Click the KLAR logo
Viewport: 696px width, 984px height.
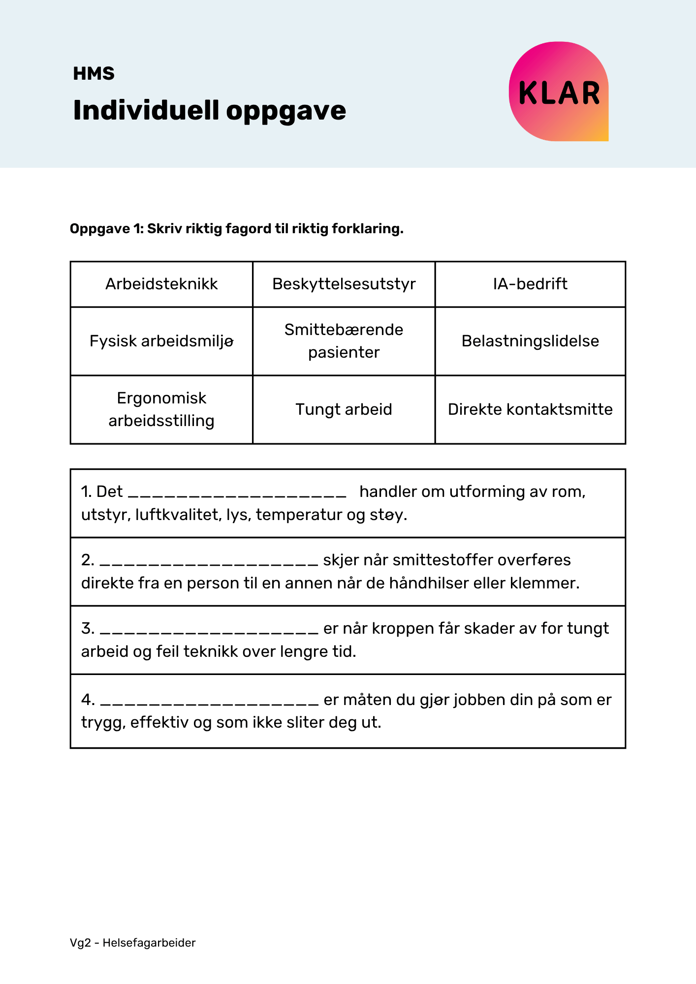pyautogui.click(x=559, y=92)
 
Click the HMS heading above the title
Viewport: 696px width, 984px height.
pyautogui.click(x=94, y=74)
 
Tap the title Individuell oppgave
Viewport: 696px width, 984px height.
pyautogui.click(x=209, y=110)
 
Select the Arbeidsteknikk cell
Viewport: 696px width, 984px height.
pyautogui.click(x=161, y=284)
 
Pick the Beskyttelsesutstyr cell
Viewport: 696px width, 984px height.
pyautogui.click(x=344, y=284)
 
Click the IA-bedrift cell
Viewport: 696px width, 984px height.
pyautogui.click(x=530, y=284)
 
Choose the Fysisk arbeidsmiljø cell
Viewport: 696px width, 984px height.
pyautogui.click(x=161, y=341)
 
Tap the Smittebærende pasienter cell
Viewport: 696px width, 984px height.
pyautogui.click(x=344, y=341)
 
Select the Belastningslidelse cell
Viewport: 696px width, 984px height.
pyautogui.click(x=530, y=341)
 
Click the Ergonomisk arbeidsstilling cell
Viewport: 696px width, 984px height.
pyautogui.click(x=161, y=409)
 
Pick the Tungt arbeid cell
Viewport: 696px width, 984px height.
pyautogui.click(x=344, y=409)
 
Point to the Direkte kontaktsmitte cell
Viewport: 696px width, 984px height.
pyautogui.click(x=530, y=409)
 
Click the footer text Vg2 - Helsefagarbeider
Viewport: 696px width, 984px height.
pyautogui.click(x=132, y=943)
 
